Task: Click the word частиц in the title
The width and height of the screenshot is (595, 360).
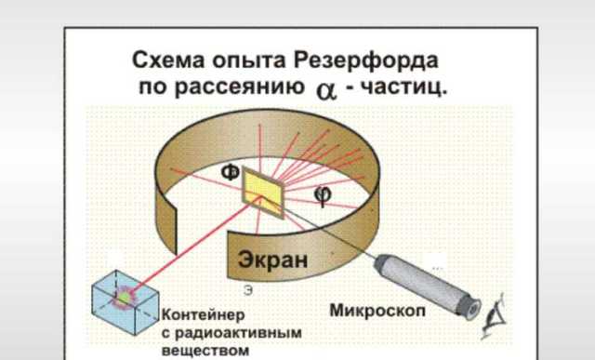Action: (403, 89)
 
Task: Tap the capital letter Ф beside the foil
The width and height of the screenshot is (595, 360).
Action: (230, 173)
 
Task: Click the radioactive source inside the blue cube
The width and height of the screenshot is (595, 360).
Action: (124, 296)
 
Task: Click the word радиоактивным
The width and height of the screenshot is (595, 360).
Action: (222, 332)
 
